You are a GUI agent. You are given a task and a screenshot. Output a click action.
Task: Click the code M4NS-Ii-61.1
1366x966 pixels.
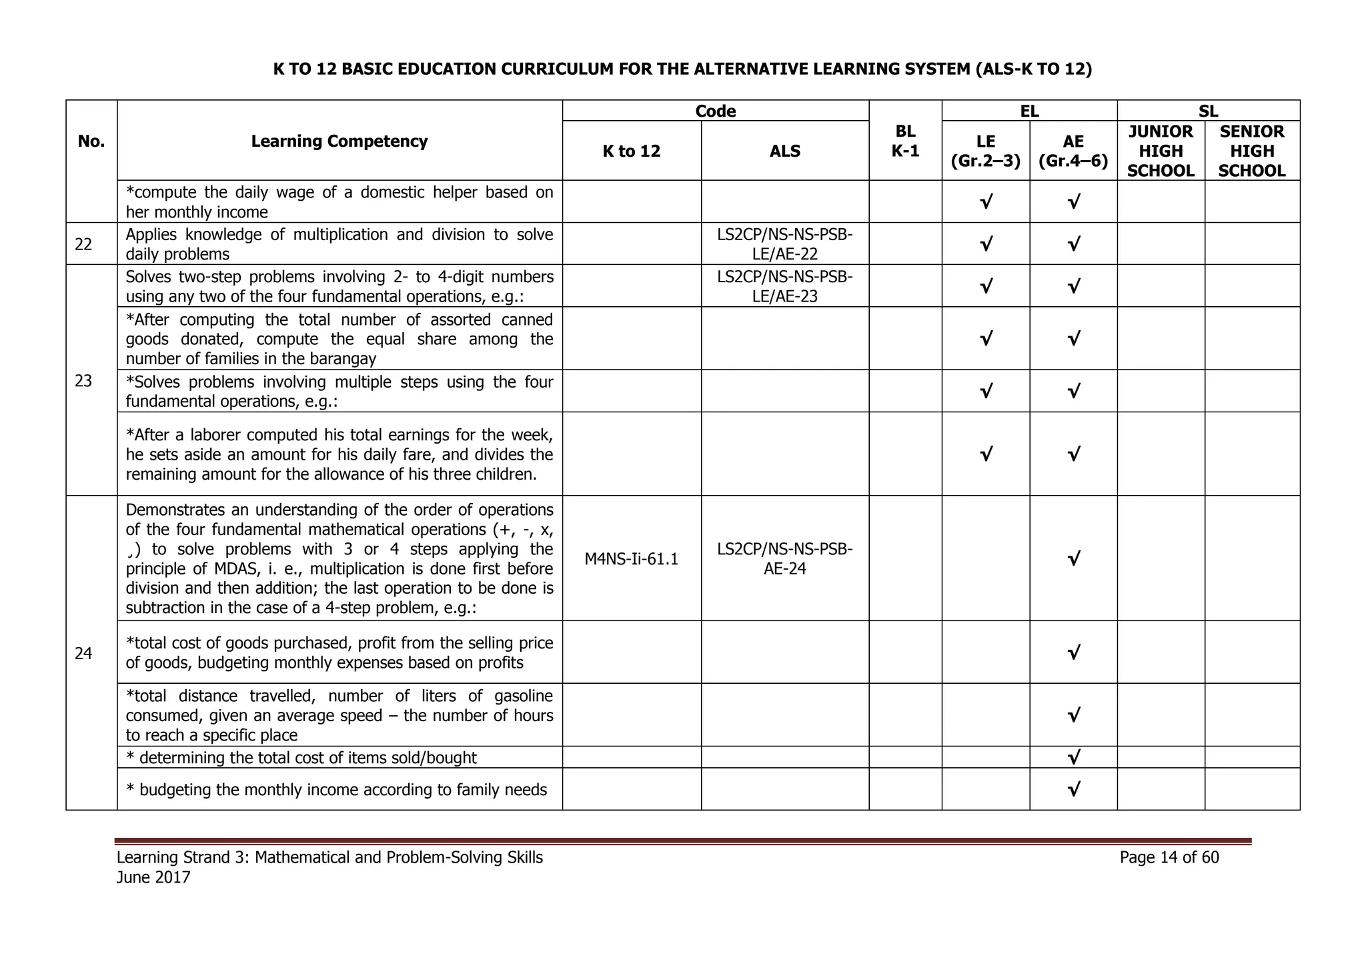coord(631,559)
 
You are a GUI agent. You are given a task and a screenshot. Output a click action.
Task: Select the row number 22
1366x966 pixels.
coord(83,244)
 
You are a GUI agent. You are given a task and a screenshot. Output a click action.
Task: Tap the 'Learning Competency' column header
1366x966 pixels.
coord(339,141)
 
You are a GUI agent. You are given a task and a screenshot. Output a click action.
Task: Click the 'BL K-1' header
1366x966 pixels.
coord(905,141)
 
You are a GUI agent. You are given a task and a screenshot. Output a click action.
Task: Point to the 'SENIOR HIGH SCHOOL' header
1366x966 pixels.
coord(1251,151)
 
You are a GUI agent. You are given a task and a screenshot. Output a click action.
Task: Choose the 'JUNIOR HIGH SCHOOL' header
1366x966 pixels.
coord(1161,151)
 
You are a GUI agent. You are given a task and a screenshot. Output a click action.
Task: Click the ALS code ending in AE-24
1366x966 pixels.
coord(784,559)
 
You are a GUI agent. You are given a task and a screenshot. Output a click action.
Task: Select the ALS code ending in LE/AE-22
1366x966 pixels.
coord(784,244)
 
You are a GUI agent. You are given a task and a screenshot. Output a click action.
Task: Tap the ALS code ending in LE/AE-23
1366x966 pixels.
coord(784,286)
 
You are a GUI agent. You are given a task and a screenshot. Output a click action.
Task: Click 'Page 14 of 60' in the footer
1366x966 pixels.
coord(1169,857)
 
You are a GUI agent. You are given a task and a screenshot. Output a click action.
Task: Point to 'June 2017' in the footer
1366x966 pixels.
coord(153,877)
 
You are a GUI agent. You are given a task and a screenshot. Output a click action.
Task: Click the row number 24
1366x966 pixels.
coord(83,653)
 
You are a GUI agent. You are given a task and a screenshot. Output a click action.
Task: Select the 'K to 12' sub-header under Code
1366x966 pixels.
coord(631,151)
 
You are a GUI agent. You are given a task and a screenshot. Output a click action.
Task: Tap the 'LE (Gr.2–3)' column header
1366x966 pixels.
coord(985,151)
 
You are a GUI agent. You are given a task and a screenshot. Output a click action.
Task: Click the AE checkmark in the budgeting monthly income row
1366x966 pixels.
coord(1073,790)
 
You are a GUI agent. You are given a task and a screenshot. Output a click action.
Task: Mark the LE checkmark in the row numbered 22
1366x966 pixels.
coord(985,244)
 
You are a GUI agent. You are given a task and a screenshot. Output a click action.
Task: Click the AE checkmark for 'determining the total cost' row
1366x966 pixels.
coord(1073,757)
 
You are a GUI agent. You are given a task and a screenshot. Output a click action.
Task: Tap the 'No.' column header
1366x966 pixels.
coord(91,141)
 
